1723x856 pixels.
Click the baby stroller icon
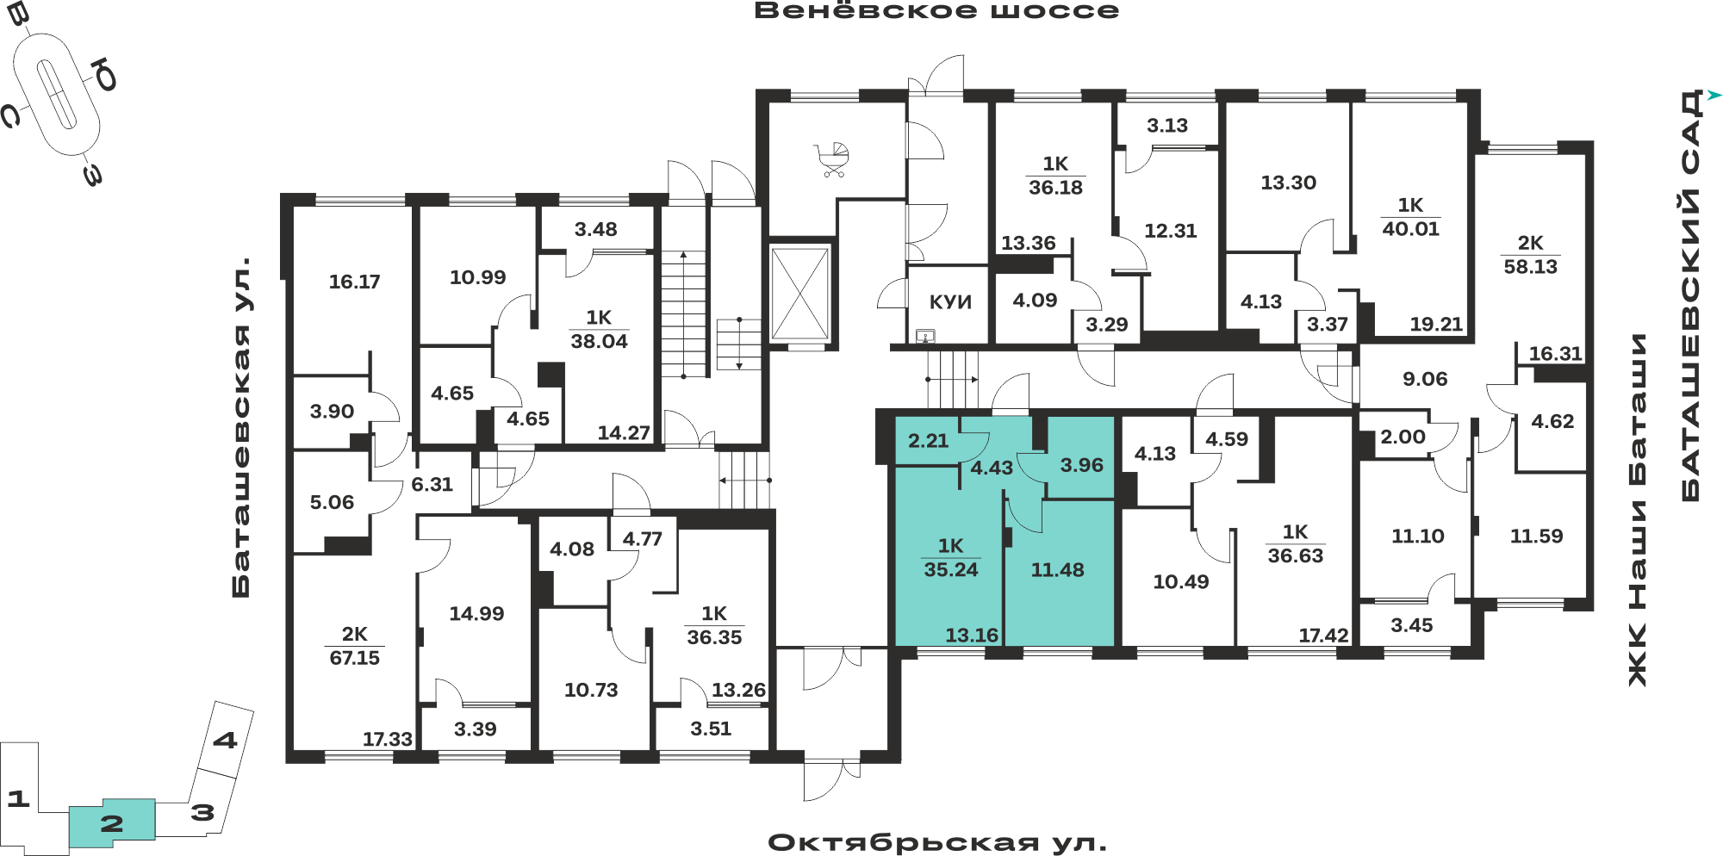coord(831,160)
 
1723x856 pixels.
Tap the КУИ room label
coord(950,302)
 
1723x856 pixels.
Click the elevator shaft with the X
coord(799,294)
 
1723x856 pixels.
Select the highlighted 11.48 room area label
coord(1057,570)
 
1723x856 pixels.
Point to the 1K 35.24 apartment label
coord(951,558)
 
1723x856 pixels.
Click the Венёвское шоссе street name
coord(936,11)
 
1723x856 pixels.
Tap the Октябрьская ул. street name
coord(937,842)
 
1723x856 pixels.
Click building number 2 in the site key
coord(112,824)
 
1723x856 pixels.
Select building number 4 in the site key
coord(225,740)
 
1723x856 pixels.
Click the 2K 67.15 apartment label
coord(354,646)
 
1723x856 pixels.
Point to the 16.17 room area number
coord(354,282)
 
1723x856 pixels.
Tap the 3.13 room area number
coord(1166,126)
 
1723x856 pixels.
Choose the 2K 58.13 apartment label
coord(1531,255)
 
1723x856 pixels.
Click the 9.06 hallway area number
coord(1425,379)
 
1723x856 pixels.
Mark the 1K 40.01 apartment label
coord(1410,217)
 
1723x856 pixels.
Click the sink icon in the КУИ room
coord(925,335)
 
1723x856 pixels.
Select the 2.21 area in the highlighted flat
coord(928,441)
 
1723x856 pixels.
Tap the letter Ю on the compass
coord(105,75)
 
